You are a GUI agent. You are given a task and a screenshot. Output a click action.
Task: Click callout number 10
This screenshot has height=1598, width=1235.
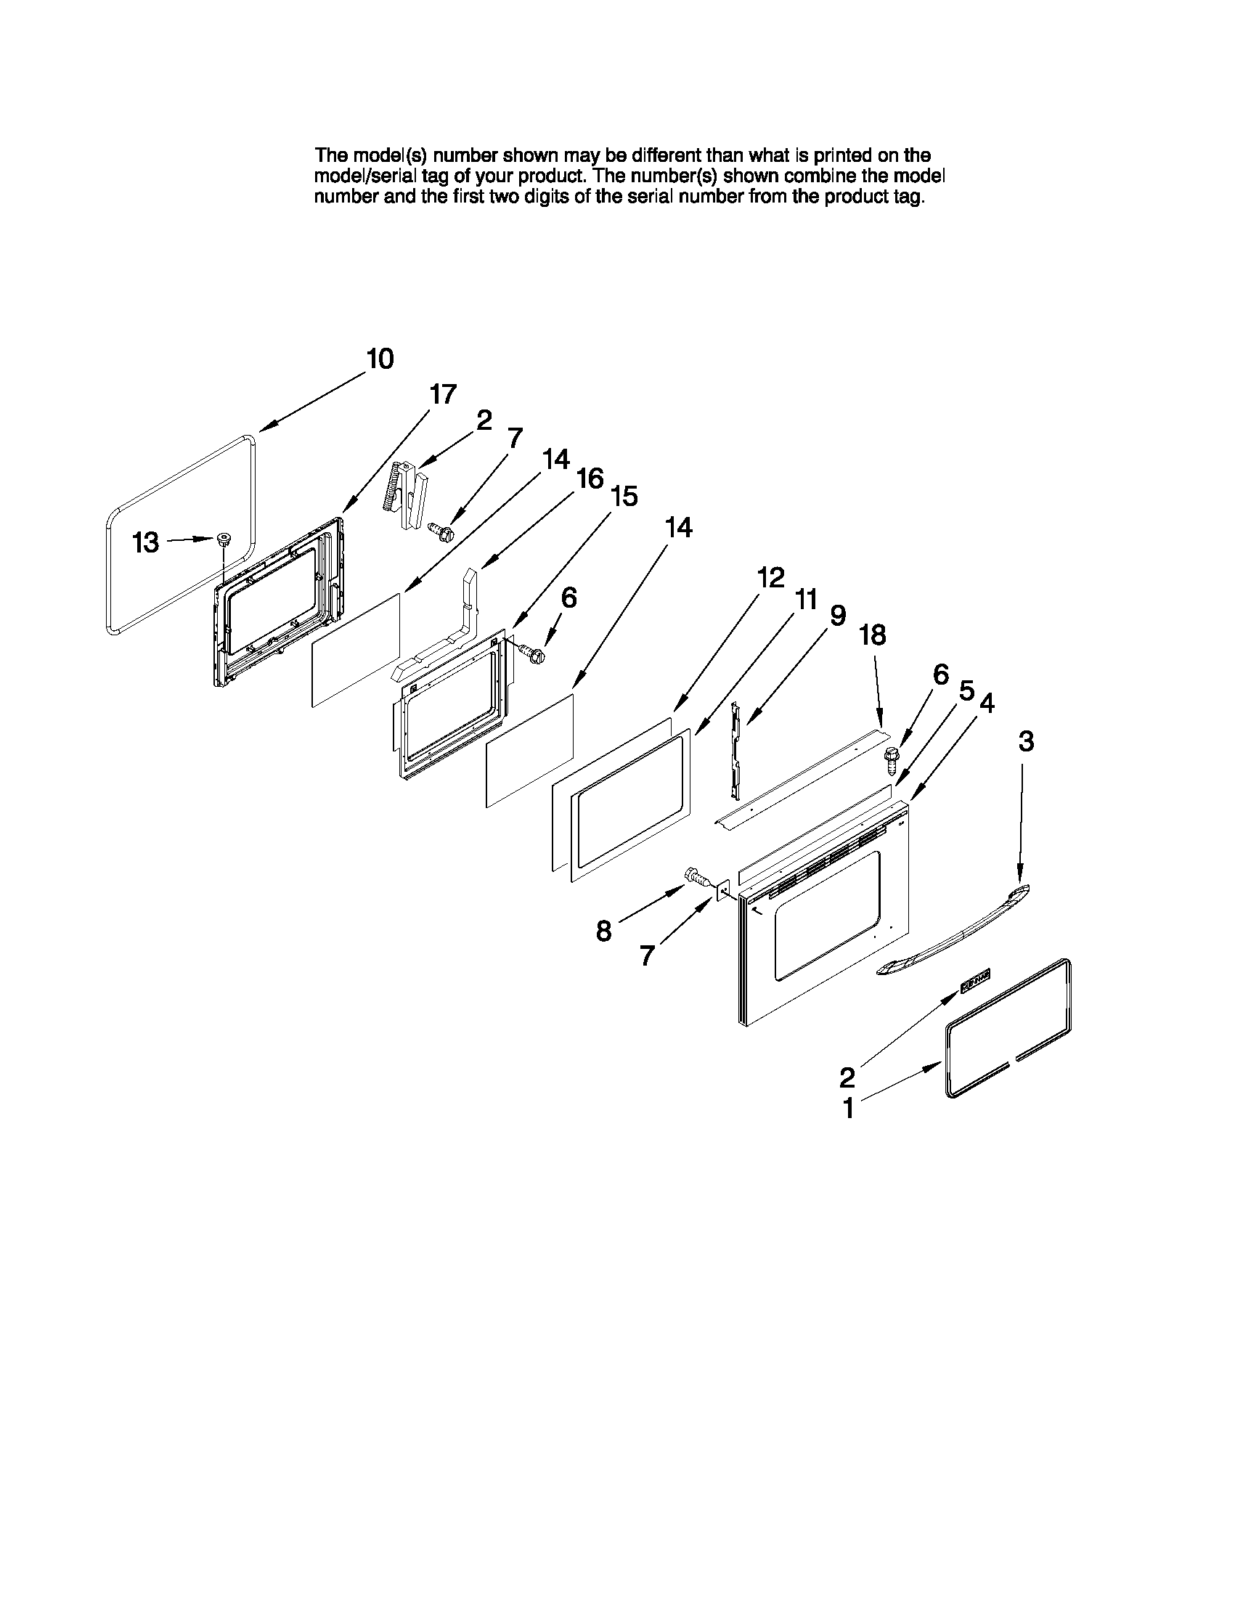380,359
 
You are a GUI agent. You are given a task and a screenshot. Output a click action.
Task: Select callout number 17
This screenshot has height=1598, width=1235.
443,394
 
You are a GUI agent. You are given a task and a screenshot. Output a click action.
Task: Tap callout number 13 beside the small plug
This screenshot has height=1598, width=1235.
146,543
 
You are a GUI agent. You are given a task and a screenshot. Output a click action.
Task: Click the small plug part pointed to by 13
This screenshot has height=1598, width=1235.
221,541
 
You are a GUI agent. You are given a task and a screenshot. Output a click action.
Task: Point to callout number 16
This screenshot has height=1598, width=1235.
590,479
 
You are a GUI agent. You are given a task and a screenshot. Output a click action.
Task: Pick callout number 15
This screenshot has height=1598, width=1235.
624,497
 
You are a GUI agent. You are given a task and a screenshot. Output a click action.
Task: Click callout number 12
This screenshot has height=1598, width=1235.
770,577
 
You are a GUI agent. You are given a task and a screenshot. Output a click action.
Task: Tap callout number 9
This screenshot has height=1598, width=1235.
837,616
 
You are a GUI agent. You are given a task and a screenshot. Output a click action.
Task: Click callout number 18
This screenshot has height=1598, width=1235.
872,635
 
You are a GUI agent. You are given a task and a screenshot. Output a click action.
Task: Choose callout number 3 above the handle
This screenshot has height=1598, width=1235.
1026,741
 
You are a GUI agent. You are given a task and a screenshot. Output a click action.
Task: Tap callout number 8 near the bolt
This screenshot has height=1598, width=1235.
603,932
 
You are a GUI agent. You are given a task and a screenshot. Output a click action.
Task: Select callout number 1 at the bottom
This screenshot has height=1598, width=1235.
848,1109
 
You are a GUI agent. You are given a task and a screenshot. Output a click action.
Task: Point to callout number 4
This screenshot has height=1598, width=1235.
986,703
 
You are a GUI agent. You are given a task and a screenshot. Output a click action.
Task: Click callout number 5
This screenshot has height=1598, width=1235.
966,690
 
